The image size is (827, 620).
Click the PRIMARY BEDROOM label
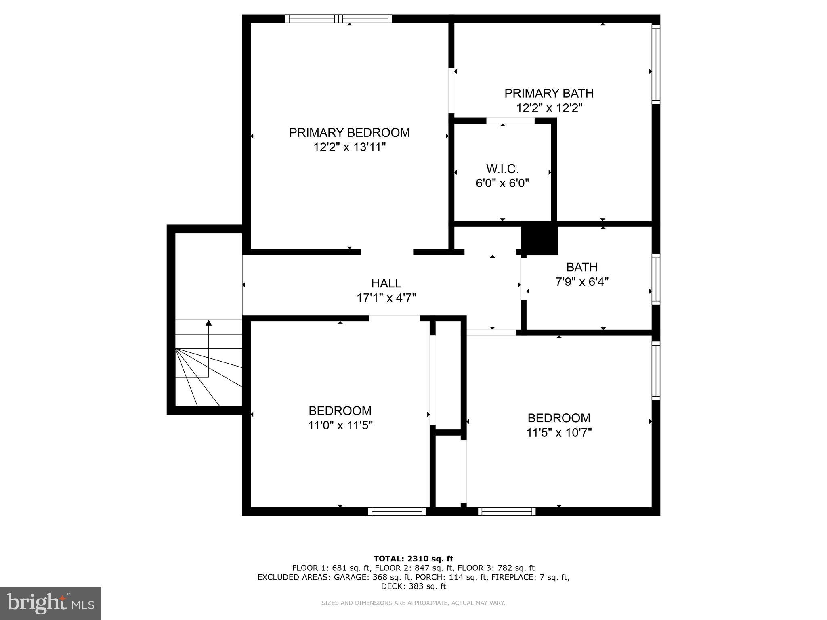[349, 132]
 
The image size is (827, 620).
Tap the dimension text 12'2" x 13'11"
[349, 147]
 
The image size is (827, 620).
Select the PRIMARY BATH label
[549, 93]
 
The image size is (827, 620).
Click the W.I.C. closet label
[502, 168]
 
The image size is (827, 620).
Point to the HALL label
[386, 283]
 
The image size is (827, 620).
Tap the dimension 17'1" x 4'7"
[386, 298]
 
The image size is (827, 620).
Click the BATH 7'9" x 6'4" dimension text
[582, 281]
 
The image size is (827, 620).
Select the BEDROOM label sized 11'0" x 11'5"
[340, 411]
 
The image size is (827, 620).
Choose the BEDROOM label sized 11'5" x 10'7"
[559, 418]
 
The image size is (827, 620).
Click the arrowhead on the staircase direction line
[208, 323]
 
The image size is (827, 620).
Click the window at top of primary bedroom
[338, 19]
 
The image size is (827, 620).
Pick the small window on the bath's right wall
[656, 279]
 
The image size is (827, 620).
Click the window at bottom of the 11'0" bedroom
[397, 511]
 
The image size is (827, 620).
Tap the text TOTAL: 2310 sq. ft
[413, 559]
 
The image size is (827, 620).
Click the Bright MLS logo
[50, 603]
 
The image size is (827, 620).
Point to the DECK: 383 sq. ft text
[413, 586]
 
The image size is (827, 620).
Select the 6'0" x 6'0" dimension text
[502, 183]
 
